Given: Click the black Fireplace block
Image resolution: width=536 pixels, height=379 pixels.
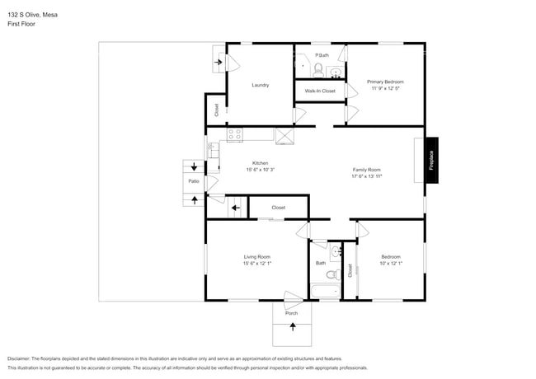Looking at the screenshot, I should pos(430,159).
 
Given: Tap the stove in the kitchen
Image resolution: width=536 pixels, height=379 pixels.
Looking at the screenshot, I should pos(233,134).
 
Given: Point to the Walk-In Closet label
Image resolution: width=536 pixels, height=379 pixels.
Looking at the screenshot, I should pos(320,91).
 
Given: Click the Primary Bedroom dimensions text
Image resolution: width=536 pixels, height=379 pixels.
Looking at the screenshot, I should pos(385,88).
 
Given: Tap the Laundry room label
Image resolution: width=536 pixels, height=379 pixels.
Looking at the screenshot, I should pos(261,85).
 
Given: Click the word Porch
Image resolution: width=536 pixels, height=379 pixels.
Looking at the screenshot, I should pos(291,313).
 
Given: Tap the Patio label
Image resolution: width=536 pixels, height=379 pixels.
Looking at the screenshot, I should pos(194,181).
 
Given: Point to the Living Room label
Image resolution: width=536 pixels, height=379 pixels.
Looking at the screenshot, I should pos(256,257).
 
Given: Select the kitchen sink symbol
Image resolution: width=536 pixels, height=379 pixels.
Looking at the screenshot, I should pos(213,150).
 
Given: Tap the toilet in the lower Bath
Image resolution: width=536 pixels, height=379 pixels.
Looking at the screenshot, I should pos(331,274).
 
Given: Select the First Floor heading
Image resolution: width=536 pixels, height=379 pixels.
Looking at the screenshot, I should pos(21,24).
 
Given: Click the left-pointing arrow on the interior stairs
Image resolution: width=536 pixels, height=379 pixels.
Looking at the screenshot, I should pos(236,208).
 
